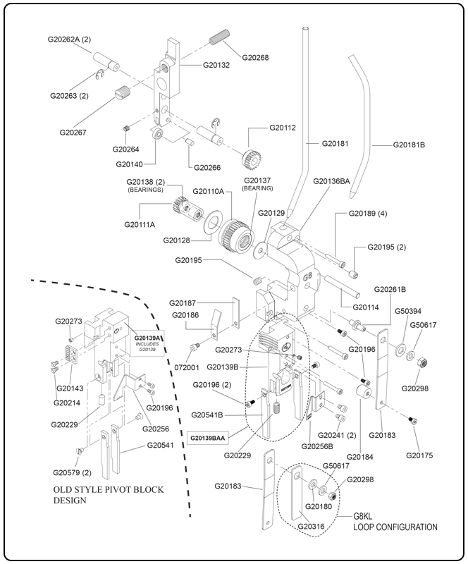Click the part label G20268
pyautogui.click(x=255, y=57)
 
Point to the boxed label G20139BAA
pyautogui.click(x=208, y=438)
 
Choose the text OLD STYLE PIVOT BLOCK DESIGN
pyautogui.click(x=105, y=495)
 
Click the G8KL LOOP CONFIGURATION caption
pyautogui.click(x=395, y=521)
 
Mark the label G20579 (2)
pyautogui.click(x=72, y=472)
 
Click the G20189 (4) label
pyautogui.click(x=368, y=213)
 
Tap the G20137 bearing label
pyautogui.click(x=257, y=184)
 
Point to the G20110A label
pyautogui.click(x=209, y=192)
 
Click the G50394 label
pyautogui.click(x=408, y=310)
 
